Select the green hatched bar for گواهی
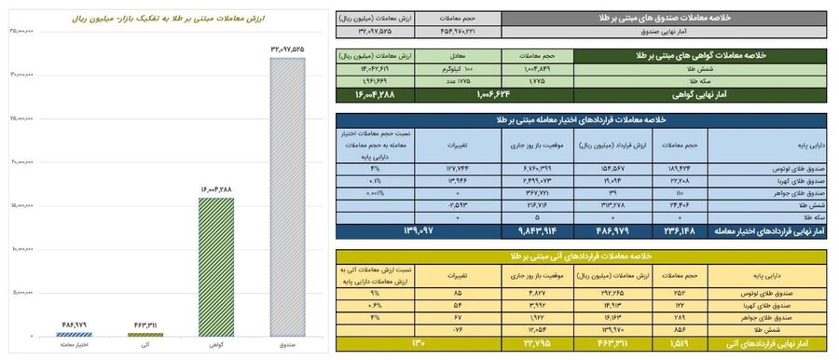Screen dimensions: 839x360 [216, 266]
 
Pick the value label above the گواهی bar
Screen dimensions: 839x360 [216, 189]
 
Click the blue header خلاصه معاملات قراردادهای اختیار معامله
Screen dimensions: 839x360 [578, 118]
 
